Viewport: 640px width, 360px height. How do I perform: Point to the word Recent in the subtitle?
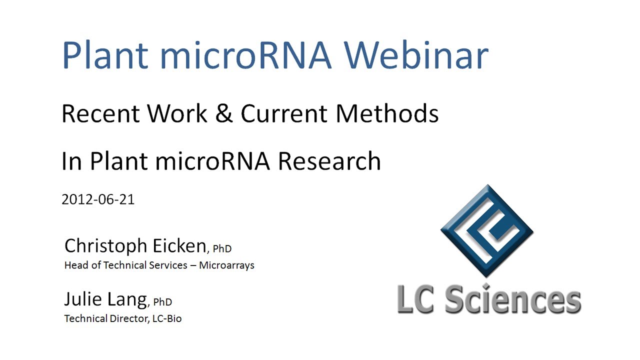click(100, 114)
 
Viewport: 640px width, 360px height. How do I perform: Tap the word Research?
click(329, 161)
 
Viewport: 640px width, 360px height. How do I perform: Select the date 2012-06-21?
click(98, 199)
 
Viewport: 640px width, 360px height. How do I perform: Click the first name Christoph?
click(106, 246)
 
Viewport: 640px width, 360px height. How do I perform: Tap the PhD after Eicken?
click(222, 248)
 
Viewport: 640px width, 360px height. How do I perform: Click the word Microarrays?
click(226, 265)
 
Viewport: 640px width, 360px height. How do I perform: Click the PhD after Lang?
click(162, 302)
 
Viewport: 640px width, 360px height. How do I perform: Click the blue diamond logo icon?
click(486, 230)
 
